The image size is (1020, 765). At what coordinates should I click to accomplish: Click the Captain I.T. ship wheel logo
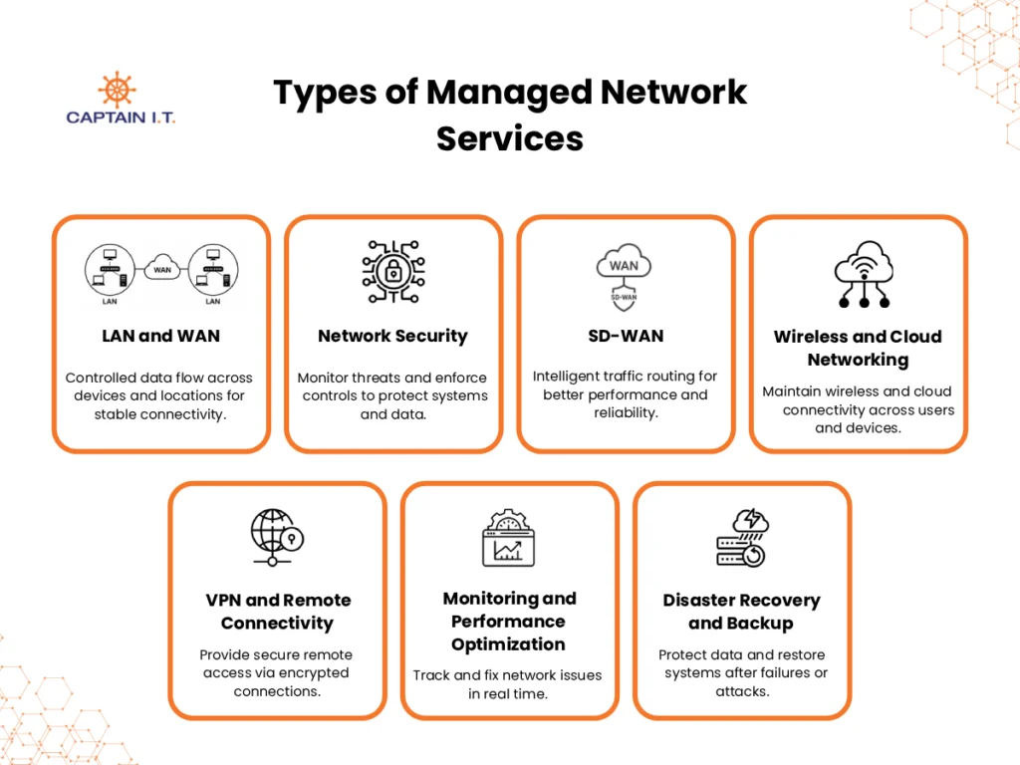[117, 89]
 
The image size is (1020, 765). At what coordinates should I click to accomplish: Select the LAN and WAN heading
[160, 336]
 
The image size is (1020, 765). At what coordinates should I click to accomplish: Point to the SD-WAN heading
[626, 336]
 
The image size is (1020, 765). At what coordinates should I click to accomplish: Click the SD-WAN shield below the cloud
[625, 296]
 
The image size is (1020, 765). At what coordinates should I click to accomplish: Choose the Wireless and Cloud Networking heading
[858, 348]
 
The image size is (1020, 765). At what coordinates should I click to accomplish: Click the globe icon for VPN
[275, 538]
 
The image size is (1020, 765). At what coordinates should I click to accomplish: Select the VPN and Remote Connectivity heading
[278, 612]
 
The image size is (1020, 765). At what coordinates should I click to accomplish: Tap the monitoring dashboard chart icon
[508, 539]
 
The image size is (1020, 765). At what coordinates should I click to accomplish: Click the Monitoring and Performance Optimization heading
[509, 621]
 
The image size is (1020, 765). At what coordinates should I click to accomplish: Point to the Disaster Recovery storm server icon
[742, 539]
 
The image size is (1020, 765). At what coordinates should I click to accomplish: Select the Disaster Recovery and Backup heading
[742, 612]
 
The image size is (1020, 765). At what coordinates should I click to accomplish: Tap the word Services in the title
[509, 137]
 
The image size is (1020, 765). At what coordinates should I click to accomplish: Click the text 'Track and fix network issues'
[507, 675]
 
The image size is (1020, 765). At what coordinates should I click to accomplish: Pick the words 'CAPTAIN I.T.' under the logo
[121, 118]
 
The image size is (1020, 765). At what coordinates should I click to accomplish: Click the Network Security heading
[392, 336]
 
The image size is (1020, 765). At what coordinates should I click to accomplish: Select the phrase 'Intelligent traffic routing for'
[625, 377]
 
